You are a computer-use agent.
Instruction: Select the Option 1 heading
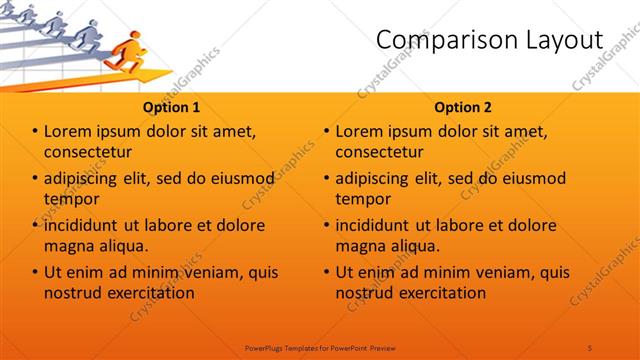171,107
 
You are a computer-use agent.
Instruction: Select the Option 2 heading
463,107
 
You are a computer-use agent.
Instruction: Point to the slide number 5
590,347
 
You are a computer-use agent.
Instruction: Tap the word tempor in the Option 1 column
70,198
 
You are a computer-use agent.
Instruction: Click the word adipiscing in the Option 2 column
373,179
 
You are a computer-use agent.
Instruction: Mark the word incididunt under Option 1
85,225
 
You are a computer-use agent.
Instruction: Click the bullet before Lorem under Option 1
35,131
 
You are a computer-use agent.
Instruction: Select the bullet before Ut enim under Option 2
326,272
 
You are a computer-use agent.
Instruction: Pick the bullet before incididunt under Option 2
326,225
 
